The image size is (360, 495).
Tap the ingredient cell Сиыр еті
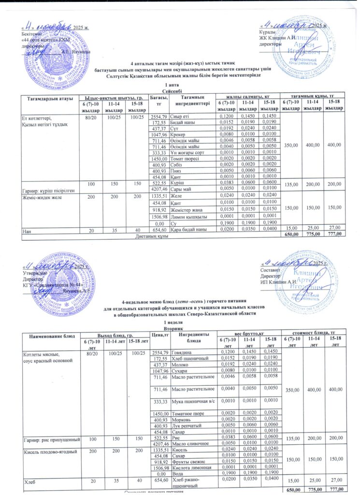pyautogui.click(x=181, y=117)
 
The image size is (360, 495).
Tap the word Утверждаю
pyautogui.click(x=33, y=273)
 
